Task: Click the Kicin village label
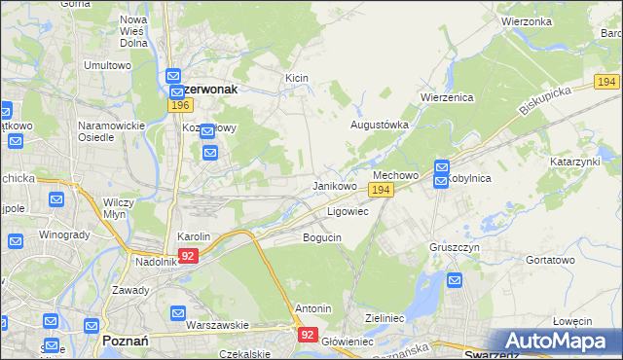coord(297,77)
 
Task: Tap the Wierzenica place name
coord(446,98)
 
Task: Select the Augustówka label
coord(380,126)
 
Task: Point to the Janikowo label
coord(334,185)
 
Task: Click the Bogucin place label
coord(322,237)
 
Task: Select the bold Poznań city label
coord(125,342)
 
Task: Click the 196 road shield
coord(177,104)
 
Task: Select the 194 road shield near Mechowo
coord(382,191)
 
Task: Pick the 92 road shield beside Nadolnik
coord(189,256)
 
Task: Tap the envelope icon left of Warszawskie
coord(177,313)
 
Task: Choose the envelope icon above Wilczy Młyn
coord(56,200)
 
